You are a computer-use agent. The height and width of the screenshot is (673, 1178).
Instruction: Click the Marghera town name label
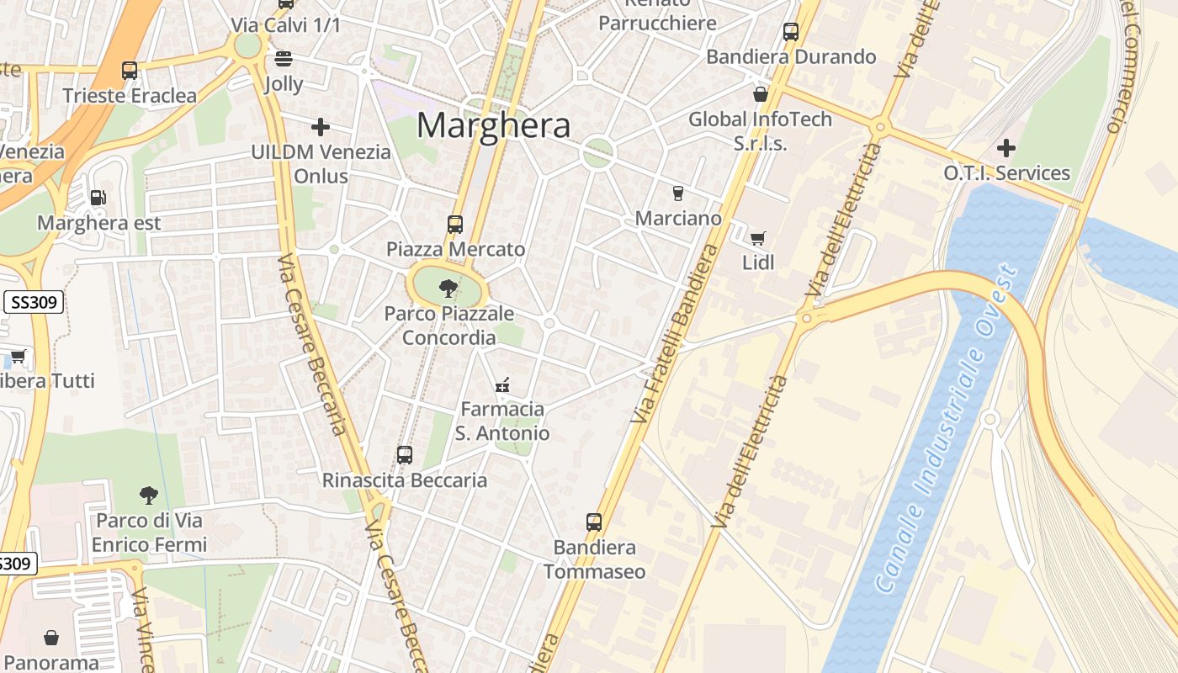click(x=494, y=125)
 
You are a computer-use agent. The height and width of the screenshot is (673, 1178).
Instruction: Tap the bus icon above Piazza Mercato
click(x=455, y=225)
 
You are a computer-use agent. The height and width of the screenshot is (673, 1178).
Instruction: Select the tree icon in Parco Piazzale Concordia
click(x=448, y=289)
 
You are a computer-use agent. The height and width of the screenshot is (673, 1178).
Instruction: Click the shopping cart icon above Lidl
click(x=758, y=238)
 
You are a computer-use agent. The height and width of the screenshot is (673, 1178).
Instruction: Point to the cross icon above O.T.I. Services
click(x=1006, y=149)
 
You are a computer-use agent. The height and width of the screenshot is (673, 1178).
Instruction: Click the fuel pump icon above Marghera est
click(x=98, y=199)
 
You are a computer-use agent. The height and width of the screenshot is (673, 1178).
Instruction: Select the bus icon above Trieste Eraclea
click(x=130, y=71)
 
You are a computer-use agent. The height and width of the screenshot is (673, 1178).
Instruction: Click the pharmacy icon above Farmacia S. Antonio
click(x=502, y=386)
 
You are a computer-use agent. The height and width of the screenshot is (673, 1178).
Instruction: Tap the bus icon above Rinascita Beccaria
click(x=405, y=455)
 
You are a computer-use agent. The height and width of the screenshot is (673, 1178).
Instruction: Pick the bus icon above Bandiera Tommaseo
click(x=594, y=522)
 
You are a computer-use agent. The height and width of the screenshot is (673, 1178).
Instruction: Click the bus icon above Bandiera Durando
click(x=791, y=32)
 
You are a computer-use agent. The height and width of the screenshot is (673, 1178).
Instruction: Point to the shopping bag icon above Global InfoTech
click(x=761, y=94)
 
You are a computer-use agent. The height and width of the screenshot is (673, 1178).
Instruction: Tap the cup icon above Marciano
click(x=678, y=193)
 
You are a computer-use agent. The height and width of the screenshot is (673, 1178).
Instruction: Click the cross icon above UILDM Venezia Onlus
click(x=321, y=127)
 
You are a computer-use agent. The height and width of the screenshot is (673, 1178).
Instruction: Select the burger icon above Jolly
click(x=284, y=59)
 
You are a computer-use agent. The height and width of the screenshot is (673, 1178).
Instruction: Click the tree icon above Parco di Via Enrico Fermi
click(x=149, y=495)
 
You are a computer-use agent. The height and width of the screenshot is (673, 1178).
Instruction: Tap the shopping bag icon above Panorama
click(x=51, y=638)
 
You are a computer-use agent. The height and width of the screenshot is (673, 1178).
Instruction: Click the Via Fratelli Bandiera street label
click(x=675, y=334)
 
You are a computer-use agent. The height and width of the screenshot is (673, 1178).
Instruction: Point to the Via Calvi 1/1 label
click(x=286, y=25)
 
